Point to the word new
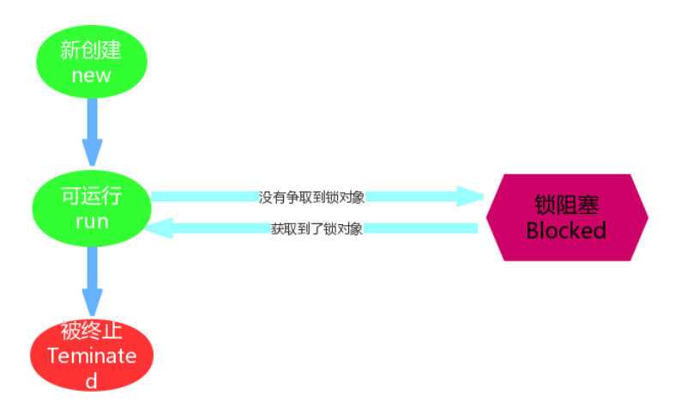click(92, 75)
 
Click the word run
click(91, 222)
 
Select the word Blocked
click(566, 230)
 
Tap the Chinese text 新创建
click(92, 50)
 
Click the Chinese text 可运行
click(91, 196)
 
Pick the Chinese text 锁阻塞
click(566, 204)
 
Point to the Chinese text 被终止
click(92, 332)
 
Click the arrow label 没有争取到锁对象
click(312, 197)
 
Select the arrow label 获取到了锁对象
click(316, 229)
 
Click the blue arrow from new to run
click(92, 120)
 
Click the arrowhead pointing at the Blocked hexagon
click(470, 196)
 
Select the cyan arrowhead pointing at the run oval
click(160, 228)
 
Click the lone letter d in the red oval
click(92, 381)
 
